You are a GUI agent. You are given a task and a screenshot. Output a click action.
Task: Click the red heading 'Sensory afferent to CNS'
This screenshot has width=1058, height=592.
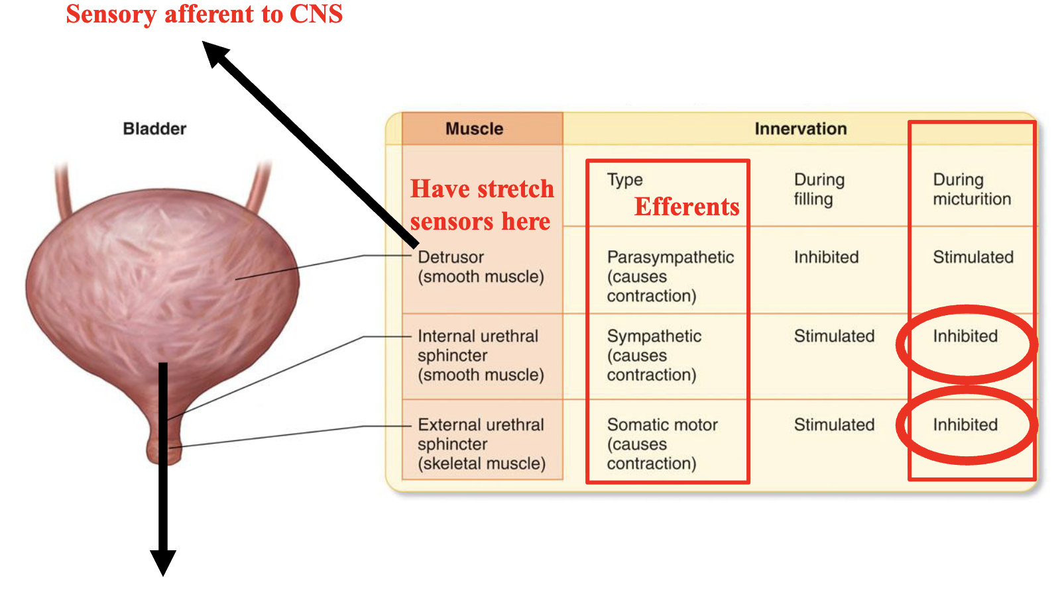204,15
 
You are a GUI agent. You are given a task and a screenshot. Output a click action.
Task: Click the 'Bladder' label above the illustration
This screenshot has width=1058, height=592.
154,128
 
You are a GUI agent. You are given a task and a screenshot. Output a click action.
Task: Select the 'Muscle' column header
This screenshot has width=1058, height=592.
474,128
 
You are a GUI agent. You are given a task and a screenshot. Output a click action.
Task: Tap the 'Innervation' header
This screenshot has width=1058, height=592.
800,128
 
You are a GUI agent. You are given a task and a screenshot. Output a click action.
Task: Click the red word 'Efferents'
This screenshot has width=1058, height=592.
686,207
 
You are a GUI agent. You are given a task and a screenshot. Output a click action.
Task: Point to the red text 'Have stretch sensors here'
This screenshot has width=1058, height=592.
481,205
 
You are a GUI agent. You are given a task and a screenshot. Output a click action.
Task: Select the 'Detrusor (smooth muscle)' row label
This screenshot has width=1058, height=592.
481,266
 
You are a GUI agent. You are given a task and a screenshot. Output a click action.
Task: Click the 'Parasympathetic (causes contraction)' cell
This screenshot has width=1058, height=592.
670,276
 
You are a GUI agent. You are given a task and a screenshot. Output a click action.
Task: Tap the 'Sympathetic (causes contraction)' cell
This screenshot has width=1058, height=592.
654,356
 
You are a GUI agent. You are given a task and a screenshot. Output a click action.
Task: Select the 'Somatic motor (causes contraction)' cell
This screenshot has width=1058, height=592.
662,444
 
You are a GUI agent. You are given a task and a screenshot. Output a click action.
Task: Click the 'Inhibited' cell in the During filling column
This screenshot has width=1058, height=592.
826,257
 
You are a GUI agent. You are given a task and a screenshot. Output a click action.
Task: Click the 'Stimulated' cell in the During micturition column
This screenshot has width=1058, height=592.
972,257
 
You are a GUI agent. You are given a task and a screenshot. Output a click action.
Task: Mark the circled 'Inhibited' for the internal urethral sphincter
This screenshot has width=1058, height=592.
965,336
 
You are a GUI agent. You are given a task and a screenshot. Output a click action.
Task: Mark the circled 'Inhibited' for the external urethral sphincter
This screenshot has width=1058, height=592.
965,425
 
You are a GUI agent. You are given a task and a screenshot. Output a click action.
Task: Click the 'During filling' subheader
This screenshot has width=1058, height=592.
819,189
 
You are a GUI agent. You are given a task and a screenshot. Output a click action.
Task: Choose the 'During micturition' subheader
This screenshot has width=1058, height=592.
971,189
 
